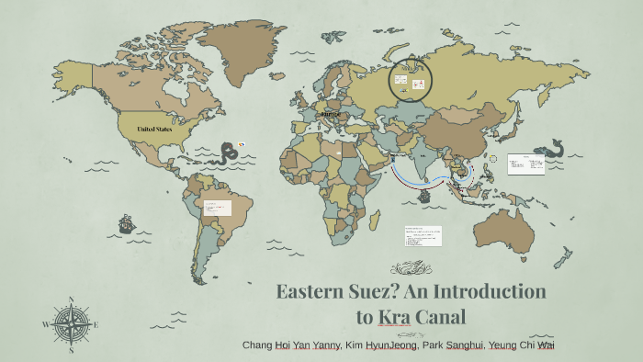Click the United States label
(154, 129)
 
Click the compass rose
(72, 323)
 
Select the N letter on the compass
(72, 300)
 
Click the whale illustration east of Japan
(554, 148)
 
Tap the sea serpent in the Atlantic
(228, 153)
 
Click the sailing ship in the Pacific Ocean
(126, 223)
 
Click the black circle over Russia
(411, 81)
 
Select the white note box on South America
(217, 209)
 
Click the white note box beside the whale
(526, 164)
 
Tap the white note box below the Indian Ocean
(423, 236)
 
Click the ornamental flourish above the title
(410, 268)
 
